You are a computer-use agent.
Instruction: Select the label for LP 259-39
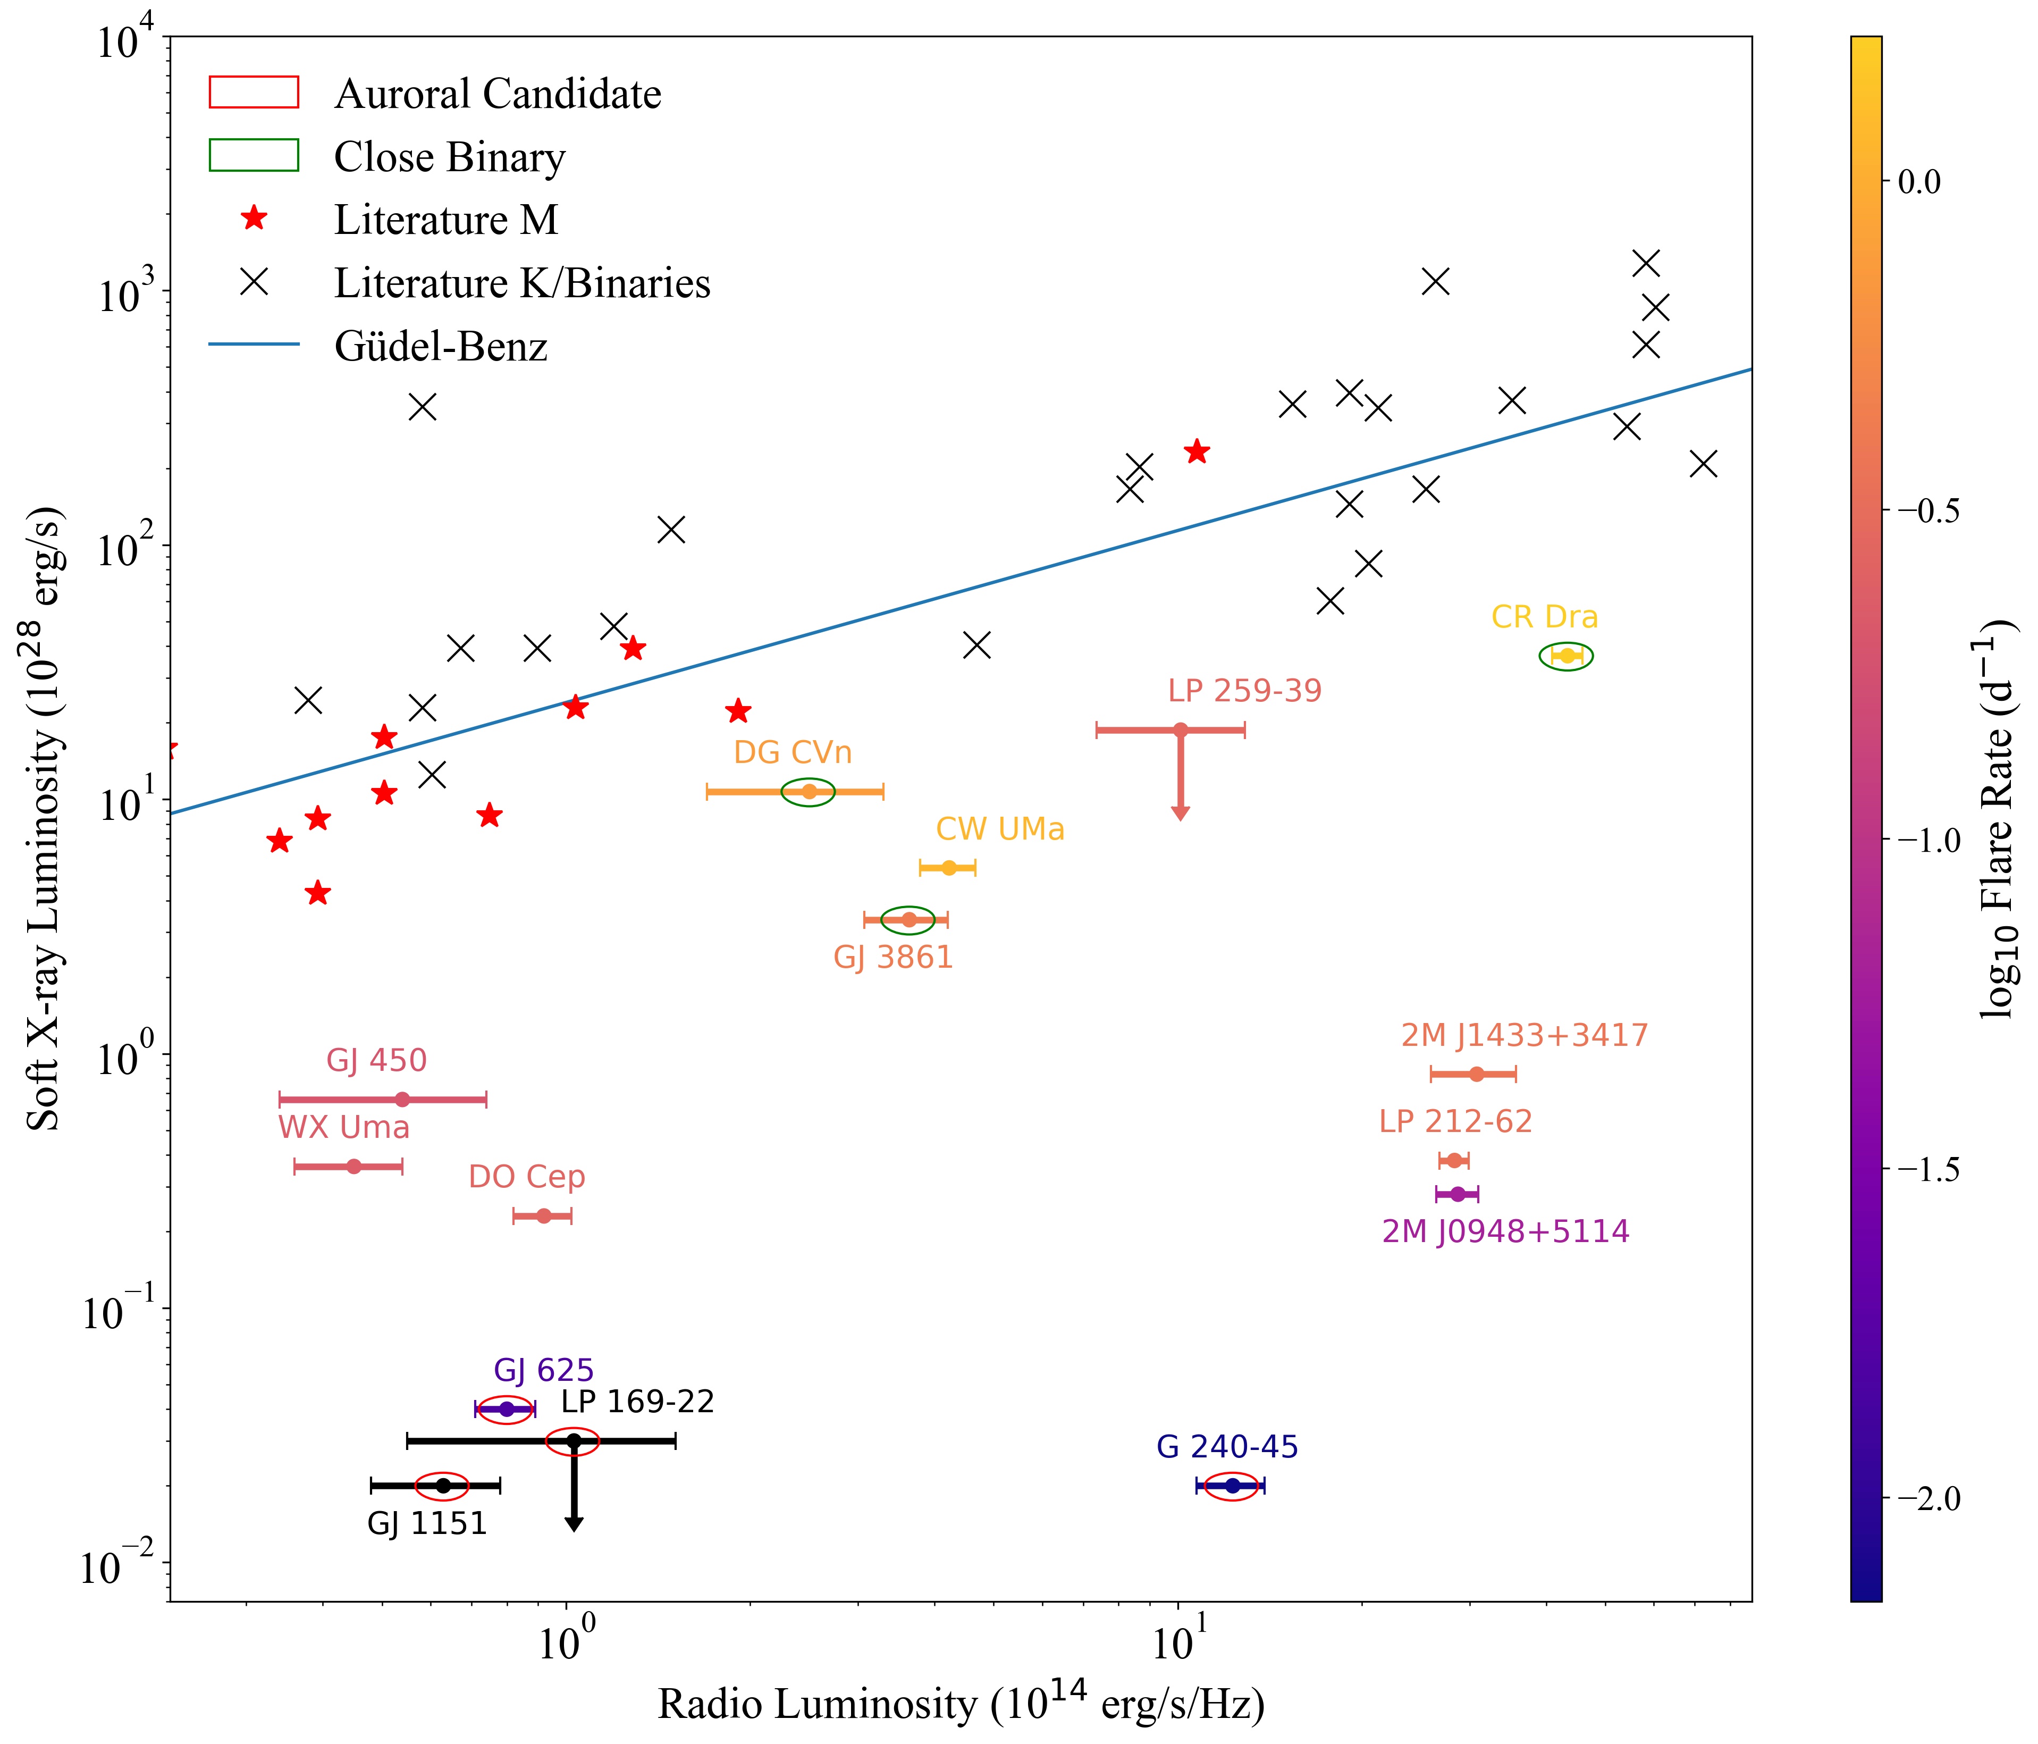click(1244, 691)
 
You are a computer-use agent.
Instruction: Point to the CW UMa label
click(999, 829)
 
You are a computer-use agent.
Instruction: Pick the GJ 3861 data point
click(909, 920)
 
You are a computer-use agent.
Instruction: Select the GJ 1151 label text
click(427, 1524)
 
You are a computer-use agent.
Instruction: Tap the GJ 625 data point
click(507, 1410)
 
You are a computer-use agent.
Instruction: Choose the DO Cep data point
click(543, 1217)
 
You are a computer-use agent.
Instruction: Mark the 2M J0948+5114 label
click(1505, 1231)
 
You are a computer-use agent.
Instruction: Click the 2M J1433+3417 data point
click(1476, 1074)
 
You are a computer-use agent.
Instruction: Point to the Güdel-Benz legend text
click(441, 346)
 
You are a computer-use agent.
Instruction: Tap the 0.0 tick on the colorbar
click(1918, 182)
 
